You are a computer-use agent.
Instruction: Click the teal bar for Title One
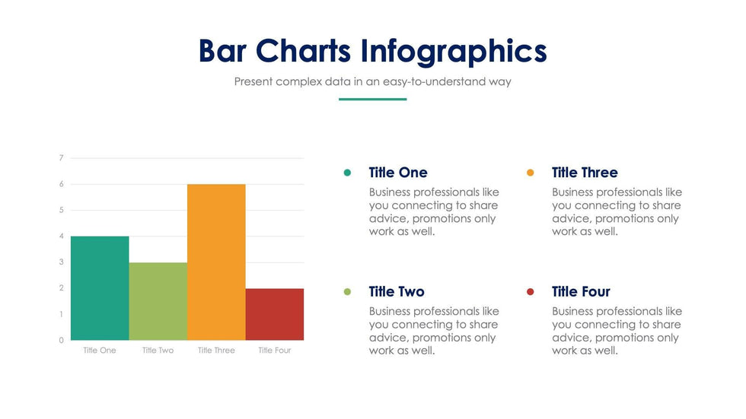tap(100, 288)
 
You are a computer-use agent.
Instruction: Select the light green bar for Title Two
tap(158, 301)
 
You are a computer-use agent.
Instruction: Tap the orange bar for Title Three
tap(216, 262)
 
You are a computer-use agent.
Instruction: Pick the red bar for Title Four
tap(275, 314)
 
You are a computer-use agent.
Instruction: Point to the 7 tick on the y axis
tap(61, 158)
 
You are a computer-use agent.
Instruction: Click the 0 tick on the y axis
tap(61, 341)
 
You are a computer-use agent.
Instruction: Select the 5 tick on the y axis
tap(61, 210)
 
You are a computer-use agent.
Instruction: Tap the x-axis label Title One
tap(100, 351)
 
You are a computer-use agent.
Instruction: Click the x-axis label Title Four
tap(275, 351)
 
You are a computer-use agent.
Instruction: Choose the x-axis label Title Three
tap(216, 351)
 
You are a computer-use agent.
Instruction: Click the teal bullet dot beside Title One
tap(348, 173)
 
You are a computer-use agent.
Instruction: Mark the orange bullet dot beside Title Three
tap(531, 173)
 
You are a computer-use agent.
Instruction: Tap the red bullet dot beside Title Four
tap(531, 292)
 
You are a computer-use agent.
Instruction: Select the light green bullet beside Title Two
tap(348, 292)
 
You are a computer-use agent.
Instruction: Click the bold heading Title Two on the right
tap(397, 292)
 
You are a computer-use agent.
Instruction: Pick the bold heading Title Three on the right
tap(585, 173)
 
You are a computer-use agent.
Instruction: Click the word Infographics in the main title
tap(454, 51)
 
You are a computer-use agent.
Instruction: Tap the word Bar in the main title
tap(222, 51)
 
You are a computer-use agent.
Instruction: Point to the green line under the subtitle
tap(372, 99)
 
